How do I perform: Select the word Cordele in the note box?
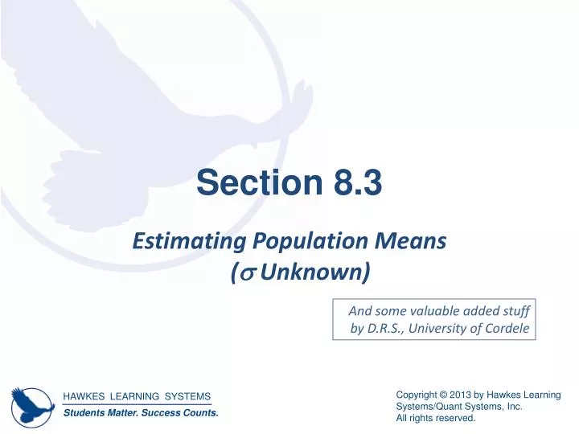pyautogui.click(x=507, y=327)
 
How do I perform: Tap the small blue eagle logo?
pyautogui.click(x=31, y=403)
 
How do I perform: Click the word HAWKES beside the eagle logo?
pyautogui.click(x=84, y=396)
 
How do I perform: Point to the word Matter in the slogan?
pyautogui.click(x=116, y=413)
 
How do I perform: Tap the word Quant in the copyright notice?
pyautogui.click(x=451, y=407)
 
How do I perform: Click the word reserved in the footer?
pyautogui.click(x=457, y=419)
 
